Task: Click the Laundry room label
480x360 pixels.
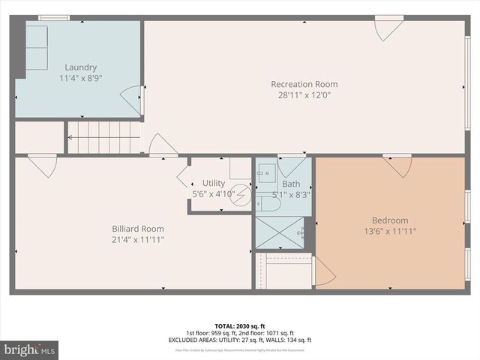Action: [x=80, y=67]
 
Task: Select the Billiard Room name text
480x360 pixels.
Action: [x=138, y=229]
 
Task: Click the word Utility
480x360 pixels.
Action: [x=213, y=183]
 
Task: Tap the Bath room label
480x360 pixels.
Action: [x=291, y=184]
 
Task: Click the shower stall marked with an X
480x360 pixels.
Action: [x=281, y=232]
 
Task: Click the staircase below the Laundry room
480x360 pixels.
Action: [x=104, y=137]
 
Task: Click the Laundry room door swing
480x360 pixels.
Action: [x=132, y=100]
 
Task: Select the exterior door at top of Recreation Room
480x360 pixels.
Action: [x=388, y=28]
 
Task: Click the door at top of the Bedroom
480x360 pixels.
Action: [x=397, y=165]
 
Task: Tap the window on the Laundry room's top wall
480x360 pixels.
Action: [x=53, y=17]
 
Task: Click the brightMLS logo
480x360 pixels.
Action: [x=30, y=349]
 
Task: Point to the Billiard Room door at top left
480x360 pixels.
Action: [x=43, y=165]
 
